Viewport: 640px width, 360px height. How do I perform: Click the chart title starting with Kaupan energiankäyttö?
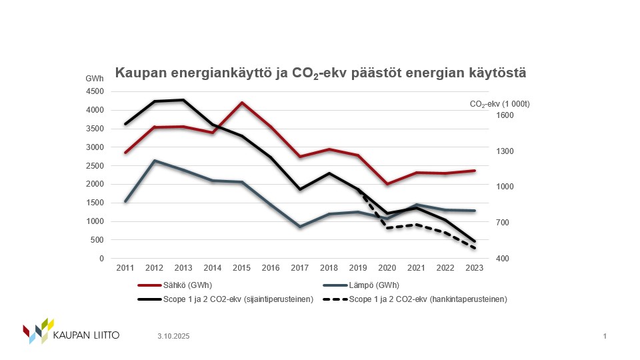tap(321, 73)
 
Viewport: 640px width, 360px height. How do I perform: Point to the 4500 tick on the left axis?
tap(95, 91)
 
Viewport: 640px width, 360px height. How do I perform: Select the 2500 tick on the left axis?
tap(95, 165)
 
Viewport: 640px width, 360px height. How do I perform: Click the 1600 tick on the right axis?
tap(506, 115)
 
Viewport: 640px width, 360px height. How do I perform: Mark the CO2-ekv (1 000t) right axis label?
tap(500, 104)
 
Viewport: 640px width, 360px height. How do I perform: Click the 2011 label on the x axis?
tap(125, 267)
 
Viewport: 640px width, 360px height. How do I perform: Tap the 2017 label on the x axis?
tap(299, 267)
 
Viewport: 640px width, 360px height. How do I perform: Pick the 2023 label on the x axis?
tap(474, 267)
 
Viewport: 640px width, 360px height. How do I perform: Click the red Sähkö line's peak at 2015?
tap(241, 103)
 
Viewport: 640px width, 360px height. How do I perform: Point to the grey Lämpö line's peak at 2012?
tap(154, 161)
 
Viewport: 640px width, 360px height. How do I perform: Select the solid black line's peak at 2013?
tap(183, 100)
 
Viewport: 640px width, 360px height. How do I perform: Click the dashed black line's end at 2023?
tap(474, 249)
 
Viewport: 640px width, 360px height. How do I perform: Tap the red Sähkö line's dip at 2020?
tap(387, 184)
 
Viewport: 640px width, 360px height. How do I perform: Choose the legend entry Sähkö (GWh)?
tap(175, 285)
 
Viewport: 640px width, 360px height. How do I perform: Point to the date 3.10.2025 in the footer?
tap(174, 337)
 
